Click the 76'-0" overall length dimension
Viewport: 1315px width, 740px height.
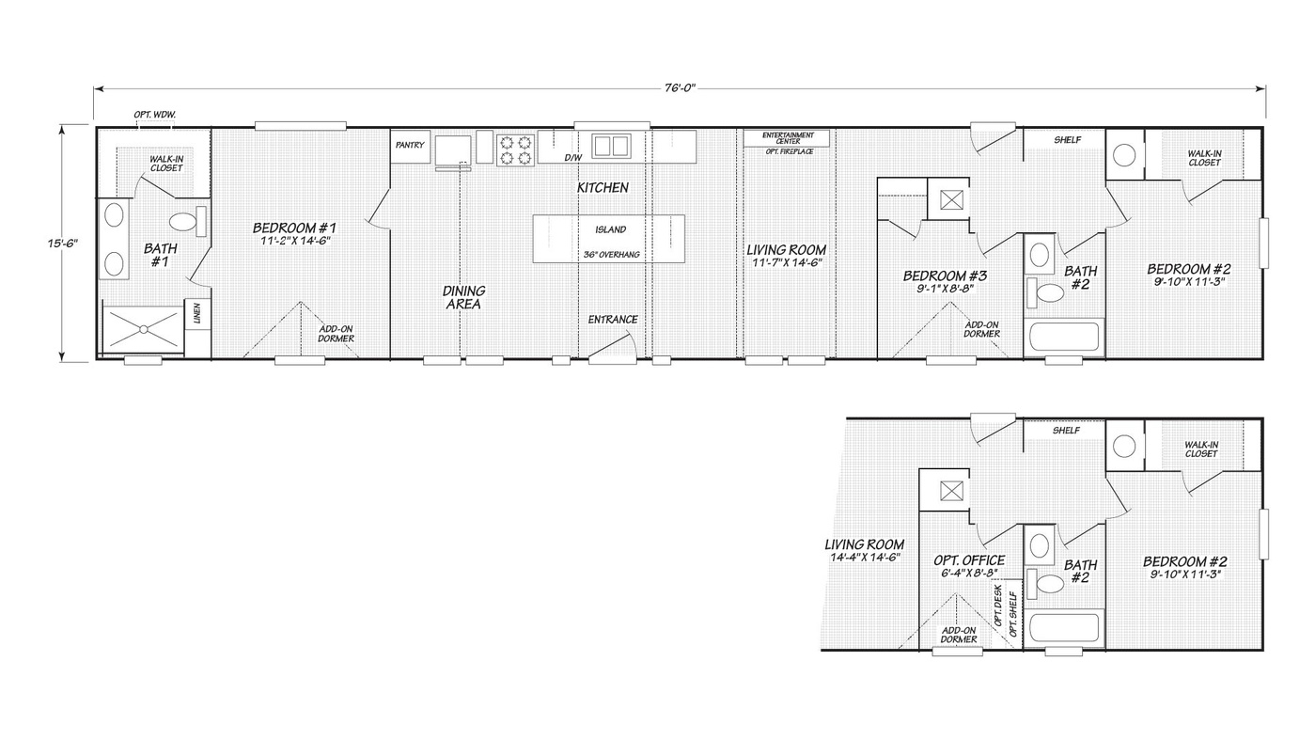[x=680, y=88]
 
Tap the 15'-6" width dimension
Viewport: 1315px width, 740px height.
[x=63, y=243]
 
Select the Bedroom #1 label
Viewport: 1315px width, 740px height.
[x=294, y=228]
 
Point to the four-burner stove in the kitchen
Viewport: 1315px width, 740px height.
[x=515, y=150]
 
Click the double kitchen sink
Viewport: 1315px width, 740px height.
[x=611, y=145]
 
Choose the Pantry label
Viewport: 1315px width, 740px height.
[x=410, y=145]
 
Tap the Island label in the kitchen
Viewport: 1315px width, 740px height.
[x=611, y=229]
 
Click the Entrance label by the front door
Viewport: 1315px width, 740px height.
[x=613, y=320]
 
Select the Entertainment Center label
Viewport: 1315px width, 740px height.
[x=789, y=138]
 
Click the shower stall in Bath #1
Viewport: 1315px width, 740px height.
[x=143, y=329]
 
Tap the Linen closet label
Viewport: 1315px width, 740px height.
[x=197, y=313]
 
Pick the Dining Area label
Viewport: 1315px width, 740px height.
[x=463, y=297]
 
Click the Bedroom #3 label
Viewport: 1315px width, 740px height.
[x=946, y=276]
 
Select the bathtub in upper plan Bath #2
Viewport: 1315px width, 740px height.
[x=1064, y=336]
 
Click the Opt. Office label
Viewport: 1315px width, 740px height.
[x=969, y=560]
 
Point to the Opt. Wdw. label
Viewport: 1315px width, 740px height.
[x=155, y=115]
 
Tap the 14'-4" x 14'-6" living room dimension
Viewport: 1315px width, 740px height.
[x=866, y=558]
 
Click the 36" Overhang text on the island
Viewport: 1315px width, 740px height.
[x=612, y=255]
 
